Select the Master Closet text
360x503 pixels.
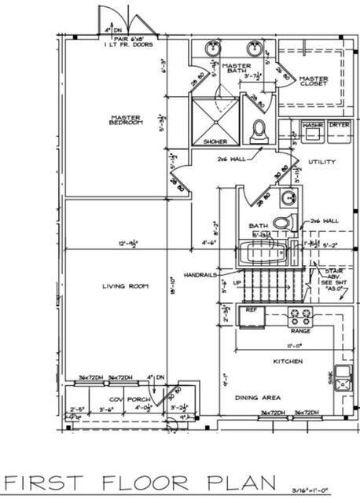[x=314, y=81]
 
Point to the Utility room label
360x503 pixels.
[x=322, y=162]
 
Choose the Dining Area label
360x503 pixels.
[x=256, y=397]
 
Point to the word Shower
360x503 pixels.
[x=215, y=141]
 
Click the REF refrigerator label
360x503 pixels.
[x=252, y=310]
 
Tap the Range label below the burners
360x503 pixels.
[x=300, y=331]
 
